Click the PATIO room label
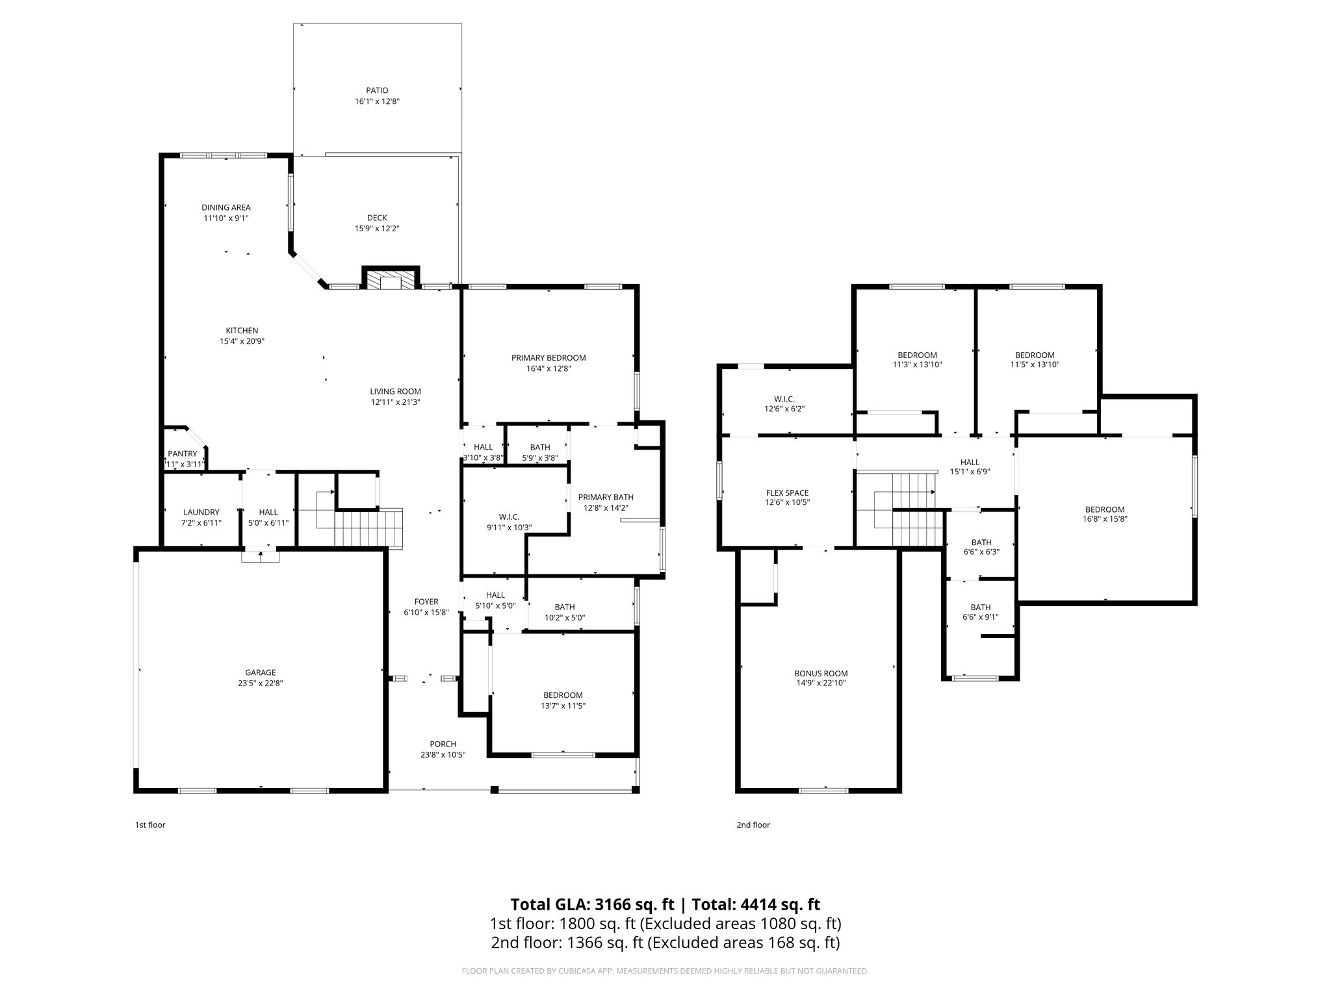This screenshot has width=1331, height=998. coord(377,90)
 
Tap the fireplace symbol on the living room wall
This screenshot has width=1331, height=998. coord(391,279)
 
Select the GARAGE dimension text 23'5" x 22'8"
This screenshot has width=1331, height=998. coord(260,683)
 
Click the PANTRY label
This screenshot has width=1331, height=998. coord(182,454)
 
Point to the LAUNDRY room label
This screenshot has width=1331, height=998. coord(201,512)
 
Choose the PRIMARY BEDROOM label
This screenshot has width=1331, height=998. coord(549,357)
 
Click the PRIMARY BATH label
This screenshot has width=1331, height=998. coord(606,497)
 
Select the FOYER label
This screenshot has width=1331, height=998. coord(426,602)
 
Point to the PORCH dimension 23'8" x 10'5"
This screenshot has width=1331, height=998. coord(443,754)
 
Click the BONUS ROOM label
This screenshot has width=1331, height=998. coord(821,673)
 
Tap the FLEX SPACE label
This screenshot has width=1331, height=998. coord(787,493)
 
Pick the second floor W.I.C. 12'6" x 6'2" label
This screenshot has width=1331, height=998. coord(784,399)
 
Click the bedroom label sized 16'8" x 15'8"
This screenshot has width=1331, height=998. coord(1105,509)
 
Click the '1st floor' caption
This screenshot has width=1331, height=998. coord(150,825)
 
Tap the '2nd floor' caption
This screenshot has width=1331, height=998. coord(753,825)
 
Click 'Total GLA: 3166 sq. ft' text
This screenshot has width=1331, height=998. coord(593,904)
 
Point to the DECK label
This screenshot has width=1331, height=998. coord(377,218)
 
